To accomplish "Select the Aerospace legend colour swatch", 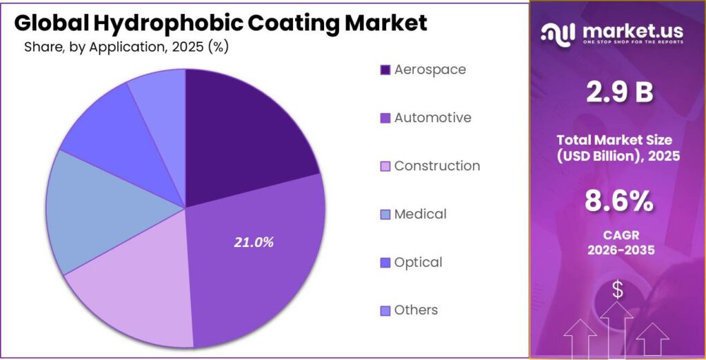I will click(x=385, y=70).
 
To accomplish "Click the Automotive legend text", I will click(x=432, y=118).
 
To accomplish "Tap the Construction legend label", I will click(x=436, y=166).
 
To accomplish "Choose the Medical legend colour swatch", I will click(x=385, y=214).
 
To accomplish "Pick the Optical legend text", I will click(x=418, y=263).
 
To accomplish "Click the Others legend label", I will click(x=416, y=310).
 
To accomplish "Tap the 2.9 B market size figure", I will click(x=618, y=92).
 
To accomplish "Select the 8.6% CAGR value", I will click(x=618, y=201).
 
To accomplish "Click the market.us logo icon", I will click(x=558, y=32).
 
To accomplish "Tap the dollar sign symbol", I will click(x=618, y=291).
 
